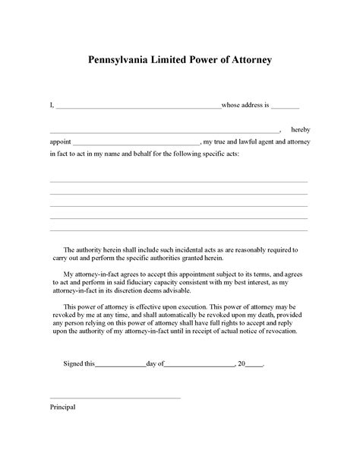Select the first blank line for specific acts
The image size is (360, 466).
tap(178, 182)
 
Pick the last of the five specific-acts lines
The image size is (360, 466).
tap(178, 230)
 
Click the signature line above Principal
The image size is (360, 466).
tap(115, 397)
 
